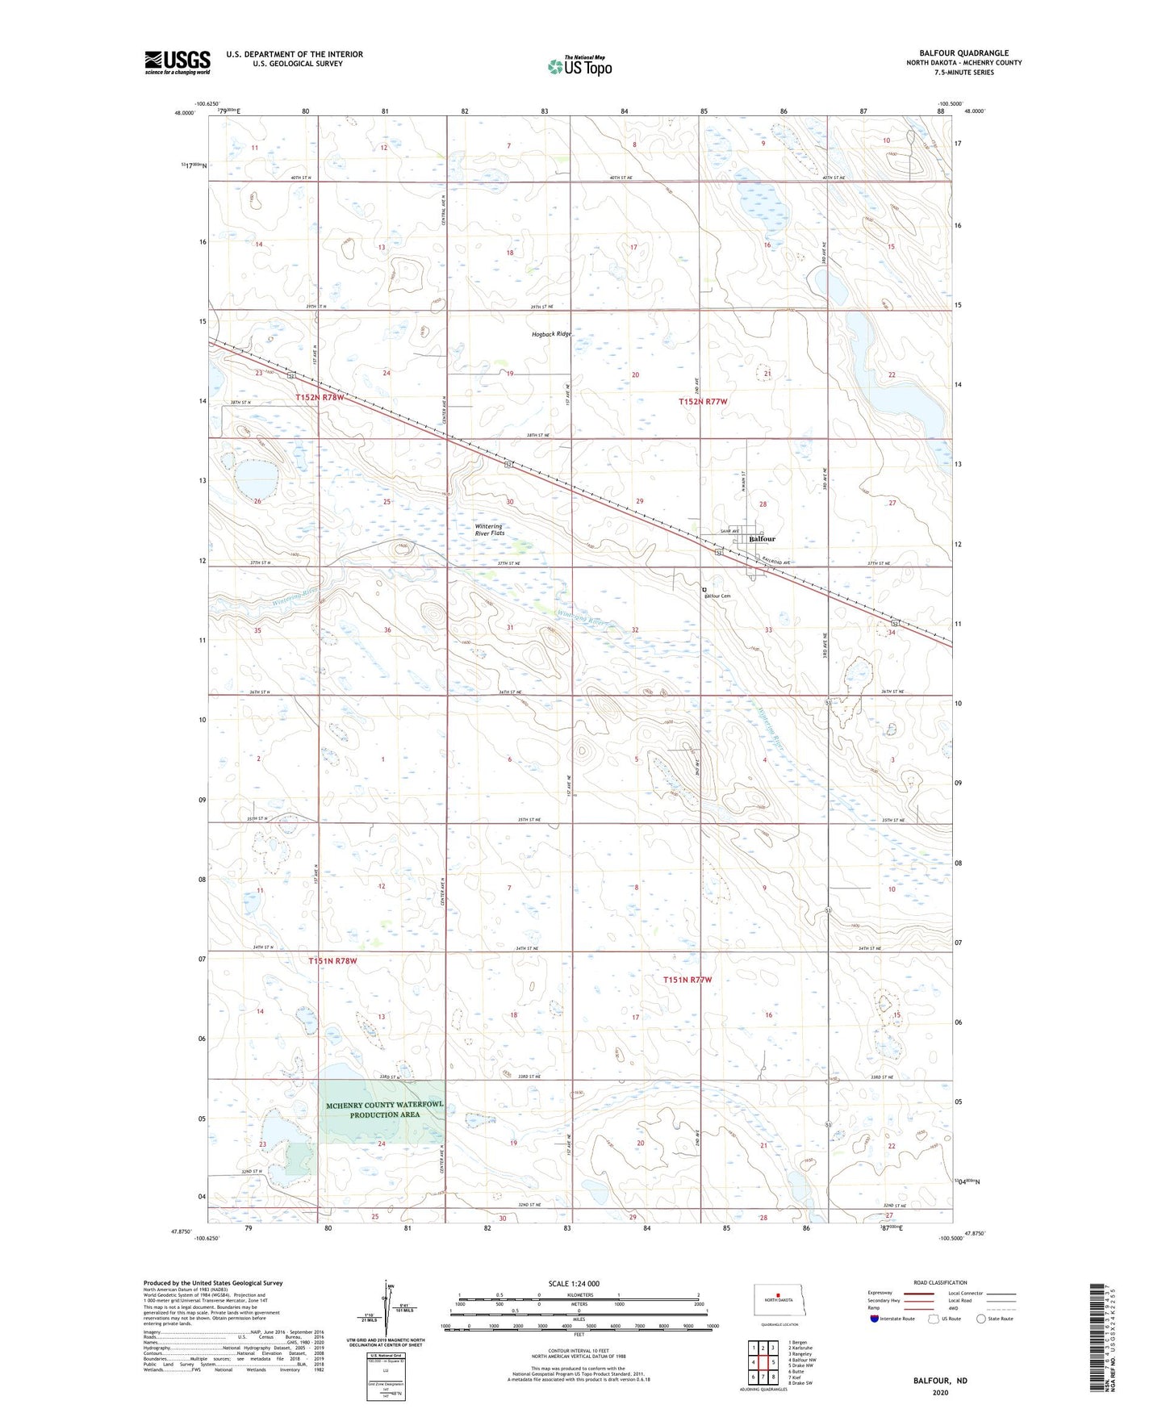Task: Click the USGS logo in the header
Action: click(178, 62)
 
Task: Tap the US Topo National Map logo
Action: click(579, 66)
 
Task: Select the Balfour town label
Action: click(762, 539)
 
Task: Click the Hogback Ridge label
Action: click(551, 334)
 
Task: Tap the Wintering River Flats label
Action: click(489, 530)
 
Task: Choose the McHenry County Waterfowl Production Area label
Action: click(385, 1110)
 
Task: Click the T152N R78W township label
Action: click(322, 398)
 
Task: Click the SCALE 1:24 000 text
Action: click(574, 1284)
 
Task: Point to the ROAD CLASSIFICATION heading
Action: click(940, 1283)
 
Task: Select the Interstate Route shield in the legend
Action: click(876, 1319)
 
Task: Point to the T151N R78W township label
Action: click(332, 961)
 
